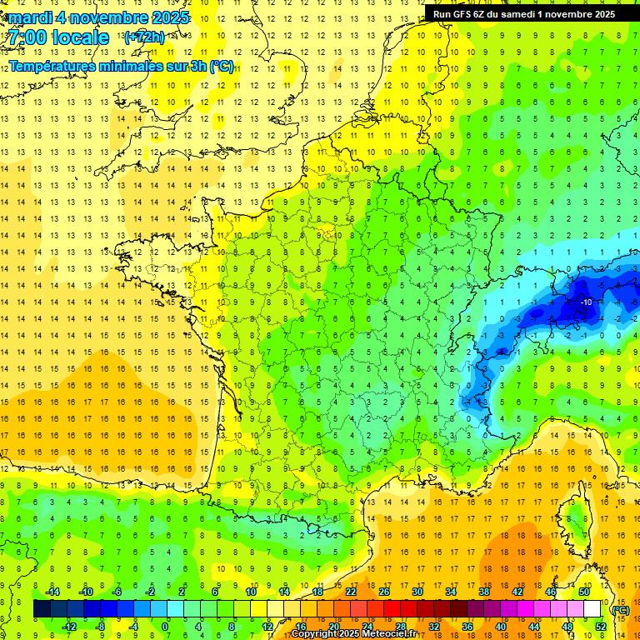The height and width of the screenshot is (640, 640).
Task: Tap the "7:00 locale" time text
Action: coord(58,37)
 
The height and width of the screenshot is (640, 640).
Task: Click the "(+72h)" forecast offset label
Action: coord(144,37)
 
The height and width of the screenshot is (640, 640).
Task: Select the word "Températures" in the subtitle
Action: coord(56,67)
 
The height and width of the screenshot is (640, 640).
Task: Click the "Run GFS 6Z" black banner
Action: coord(524,13)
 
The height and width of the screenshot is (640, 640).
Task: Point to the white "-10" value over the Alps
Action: coord(586,302)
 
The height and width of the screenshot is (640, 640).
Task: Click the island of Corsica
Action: coord(569,517)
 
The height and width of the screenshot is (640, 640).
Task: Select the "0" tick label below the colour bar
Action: coord(165,627)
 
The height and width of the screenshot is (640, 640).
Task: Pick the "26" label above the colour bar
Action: coord(384,592)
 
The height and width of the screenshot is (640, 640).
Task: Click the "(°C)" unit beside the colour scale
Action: coord(620,610)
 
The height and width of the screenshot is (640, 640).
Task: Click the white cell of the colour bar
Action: coord(592,609)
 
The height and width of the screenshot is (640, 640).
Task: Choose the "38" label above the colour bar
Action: coord(484,592)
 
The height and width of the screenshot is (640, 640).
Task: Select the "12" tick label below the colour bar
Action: coord(267,627)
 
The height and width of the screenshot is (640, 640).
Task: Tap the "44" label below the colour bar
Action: coord(534,627)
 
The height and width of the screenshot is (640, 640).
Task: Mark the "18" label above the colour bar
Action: coord(317,592)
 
